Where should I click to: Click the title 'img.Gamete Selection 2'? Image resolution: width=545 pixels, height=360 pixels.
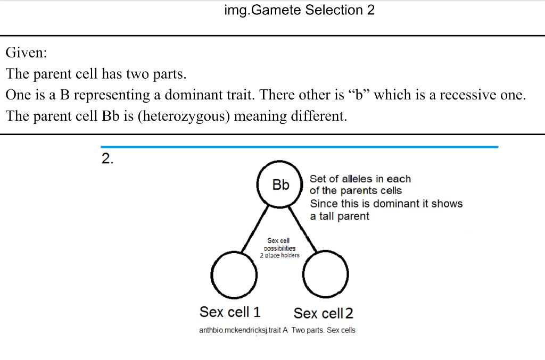pos(300,10)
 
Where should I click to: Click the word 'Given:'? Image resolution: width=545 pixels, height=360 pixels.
pos(26,53)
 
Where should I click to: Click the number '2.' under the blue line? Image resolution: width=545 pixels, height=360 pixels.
pos(108,158)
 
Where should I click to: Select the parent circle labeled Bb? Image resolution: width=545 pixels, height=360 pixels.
pos(280,185)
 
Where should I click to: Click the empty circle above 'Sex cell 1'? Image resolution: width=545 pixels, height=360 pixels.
pos(234,274)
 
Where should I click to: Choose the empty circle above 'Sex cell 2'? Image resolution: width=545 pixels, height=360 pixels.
pos(326,274)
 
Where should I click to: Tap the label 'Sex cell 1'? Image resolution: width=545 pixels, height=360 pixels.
pos(229,311)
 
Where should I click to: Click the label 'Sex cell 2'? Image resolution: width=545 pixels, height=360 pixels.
pos(323,313)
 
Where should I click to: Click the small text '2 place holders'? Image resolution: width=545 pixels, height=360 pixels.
pos(279,255)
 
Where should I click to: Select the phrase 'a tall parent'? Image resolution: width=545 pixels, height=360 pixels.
pos(340,216)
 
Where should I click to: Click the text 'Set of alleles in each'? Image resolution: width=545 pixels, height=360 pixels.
pos(360,179)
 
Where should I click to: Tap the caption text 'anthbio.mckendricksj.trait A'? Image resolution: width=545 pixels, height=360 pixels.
pos(243,330)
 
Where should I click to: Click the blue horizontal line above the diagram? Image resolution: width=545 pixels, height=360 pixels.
pos(300,146)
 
